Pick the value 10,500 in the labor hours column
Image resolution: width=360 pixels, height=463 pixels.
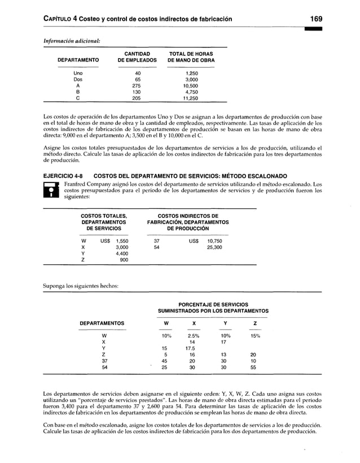(x=191, y=86)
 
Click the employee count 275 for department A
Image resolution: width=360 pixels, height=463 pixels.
(x=136, y=86)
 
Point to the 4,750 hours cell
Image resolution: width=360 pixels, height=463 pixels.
(x=192, y=92)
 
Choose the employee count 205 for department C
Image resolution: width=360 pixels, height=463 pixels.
(x=136, y=98)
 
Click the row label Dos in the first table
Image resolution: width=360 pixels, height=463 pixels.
(x=78, y=80)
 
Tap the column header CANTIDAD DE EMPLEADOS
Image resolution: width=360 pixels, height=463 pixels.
(x=136, y=57)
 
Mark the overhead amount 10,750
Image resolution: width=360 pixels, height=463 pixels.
(x=214, y=241)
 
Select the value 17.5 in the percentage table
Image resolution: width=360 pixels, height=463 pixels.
(x=191, y=348)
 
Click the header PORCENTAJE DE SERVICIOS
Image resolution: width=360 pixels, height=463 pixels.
(x=213, y=304)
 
